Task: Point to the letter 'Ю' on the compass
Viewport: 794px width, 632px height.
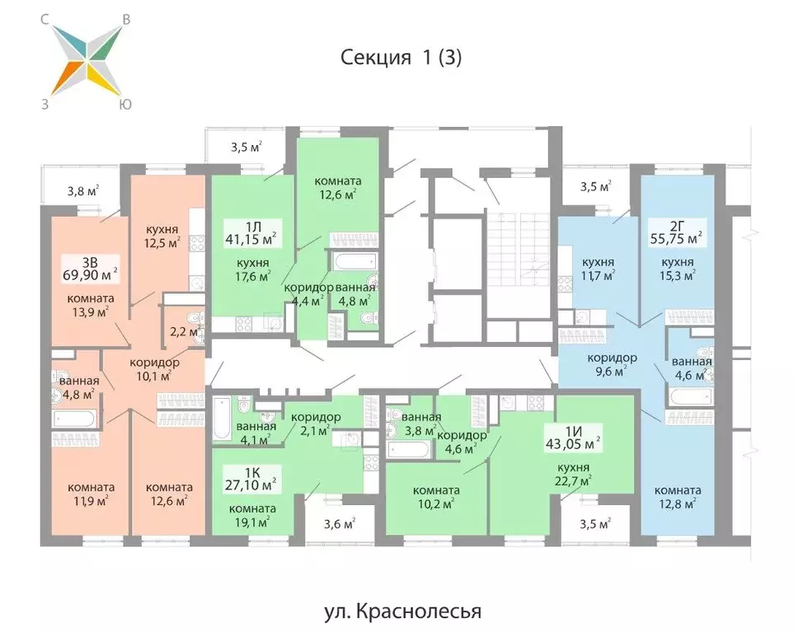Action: tap(125, 104)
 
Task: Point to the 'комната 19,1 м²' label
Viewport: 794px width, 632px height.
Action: tap(252, 514)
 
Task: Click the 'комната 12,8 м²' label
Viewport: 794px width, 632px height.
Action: tap(679, 495)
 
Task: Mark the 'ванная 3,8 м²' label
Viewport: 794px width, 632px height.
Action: tap(421, 423)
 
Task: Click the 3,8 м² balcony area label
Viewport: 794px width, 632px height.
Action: tap(82, 191)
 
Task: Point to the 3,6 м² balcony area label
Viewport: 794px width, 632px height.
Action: tap(338, 522)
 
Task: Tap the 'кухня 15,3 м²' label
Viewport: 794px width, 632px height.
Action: tap(679, 269)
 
